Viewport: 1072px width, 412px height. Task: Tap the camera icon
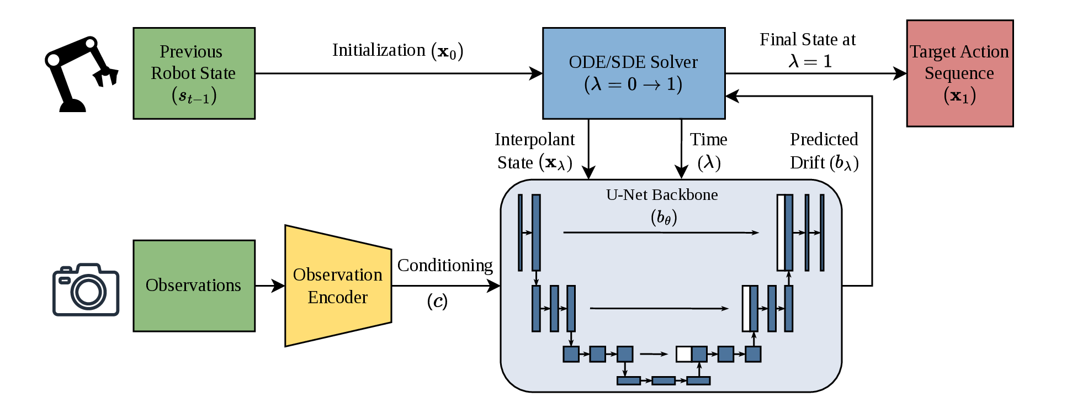click(x=86, y=289)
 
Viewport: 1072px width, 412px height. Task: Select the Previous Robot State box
click(x=194, y=73)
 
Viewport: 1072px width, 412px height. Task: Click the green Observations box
click(x=194, y=286)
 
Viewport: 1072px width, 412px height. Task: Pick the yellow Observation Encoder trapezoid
click(x=338, y=286)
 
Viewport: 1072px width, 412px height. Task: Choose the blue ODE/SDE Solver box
click(x=634, y=73)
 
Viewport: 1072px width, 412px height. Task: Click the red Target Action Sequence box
click(x=960, y=73)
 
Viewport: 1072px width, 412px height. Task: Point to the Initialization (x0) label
click(x=397, y=51)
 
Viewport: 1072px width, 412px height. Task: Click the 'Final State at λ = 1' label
click(x=808, y=50)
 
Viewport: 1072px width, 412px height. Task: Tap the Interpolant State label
click(x=534, y=151)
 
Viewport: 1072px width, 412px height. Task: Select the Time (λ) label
click(x=709, y=151)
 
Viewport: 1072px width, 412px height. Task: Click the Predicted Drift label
click(x=824, y=151)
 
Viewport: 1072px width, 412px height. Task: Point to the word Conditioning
click(x=445, y=266)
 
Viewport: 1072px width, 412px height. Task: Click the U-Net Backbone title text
click(x=662, y=195)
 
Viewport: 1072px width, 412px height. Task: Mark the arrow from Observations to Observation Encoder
click(x=270, y=286)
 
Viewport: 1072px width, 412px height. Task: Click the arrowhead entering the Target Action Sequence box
click(x=900, y=73)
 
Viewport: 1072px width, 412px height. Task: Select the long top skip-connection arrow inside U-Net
click(x=661, y=233)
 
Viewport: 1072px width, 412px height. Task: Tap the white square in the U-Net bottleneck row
click(x=684, y=354)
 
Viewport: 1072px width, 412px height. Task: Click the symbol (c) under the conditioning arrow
click(x=437, y=302)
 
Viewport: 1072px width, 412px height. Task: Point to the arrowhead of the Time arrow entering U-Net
click(x=682, y=172)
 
